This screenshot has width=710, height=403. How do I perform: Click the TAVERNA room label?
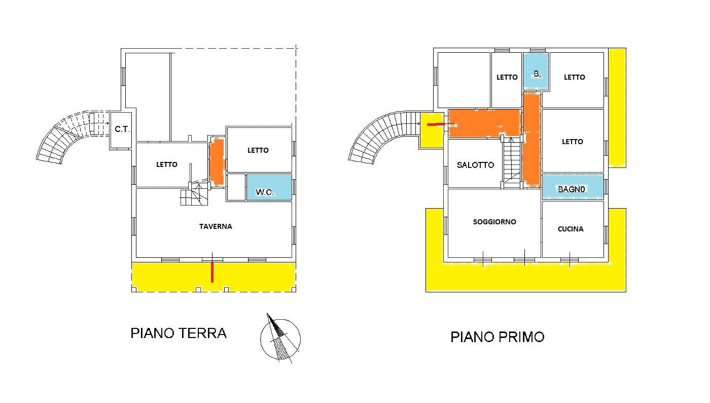pos(216,226)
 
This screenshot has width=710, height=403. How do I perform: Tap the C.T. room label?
pos(122,129)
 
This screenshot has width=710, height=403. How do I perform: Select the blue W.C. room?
pos(269,187)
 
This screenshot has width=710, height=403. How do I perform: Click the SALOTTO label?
pos(475,165)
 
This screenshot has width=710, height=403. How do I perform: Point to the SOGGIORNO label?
pos(494,222)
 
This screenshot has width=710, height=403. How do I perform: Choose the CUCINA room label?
pos(571,229)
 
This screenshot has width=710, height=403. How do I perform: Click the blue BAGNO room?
pos(573,187)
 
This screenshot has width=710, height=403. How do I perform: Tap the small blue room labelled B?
pos(536,72)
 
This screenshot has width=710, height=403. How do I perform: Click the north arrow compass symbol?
pos(280,338)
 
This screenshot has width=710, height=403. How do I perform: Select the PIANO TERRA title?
pos(179,333)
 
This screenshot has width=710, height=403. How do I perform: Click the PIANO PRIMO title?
pos(498,337)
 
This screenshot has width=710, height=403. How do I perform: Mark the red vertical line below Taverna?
pos(212,272)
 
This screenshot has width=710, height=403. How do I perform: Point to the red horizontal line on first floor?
pos(436,124)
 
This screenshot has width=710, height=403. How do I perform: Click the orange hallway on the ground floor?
pos(217,161)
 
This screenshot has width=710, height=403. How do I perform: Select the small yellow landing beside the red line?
pos(432,130)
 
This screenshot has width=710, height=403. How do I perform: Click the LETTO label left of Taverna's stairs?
pos(167,164)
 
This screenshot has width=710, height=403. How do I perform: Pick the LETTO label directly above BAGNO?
pos(573,142)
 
